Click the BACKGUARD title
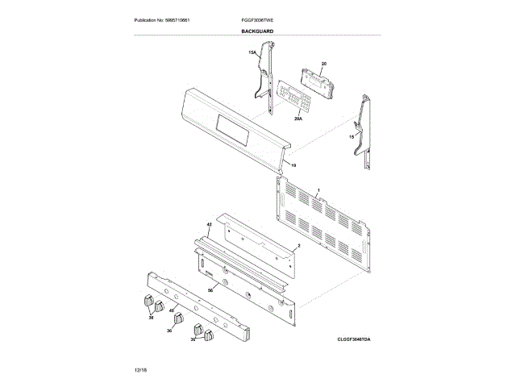point(257,31)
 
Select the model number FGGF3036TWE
point(257,19)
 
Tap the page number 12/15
point(141,368)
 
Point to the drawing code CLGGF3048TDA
point(359,339)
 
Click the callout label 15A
point(252,52)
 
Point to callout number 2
point(299,245)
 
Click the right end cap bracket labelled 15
point(364,129)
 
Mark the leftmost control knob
point(147,300)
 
